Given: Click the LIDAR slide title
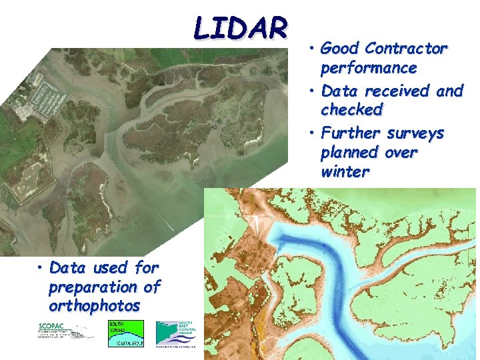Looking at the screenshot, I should (241, 28).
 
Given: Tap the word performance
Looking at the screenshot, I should (369, 68).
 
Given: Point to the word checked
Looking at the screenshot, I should (352, 110).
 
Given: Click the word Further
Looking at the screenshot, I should (350, 133).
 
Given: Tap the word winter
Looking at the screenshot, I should (345, 172).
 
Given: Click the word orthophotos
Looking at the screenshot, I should (94, 306).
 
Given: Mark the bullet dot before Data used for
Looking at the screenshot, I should (41, 269).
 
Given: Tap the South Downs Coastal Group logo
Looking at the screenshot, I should (125, 333).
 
